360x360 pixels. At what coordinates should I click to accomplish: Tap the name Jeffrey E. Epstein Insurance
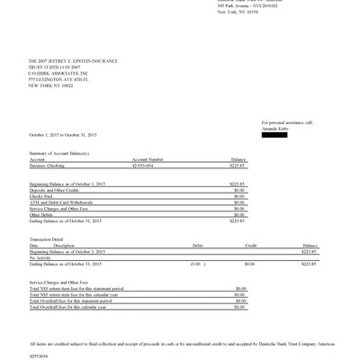[x=71, y=60]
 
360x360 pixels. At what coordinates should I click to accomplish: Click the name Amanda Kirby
[x=275, y=128]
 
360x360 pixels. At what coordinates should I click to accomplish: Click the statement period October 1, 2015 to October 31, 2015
[x=63, y=135]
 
